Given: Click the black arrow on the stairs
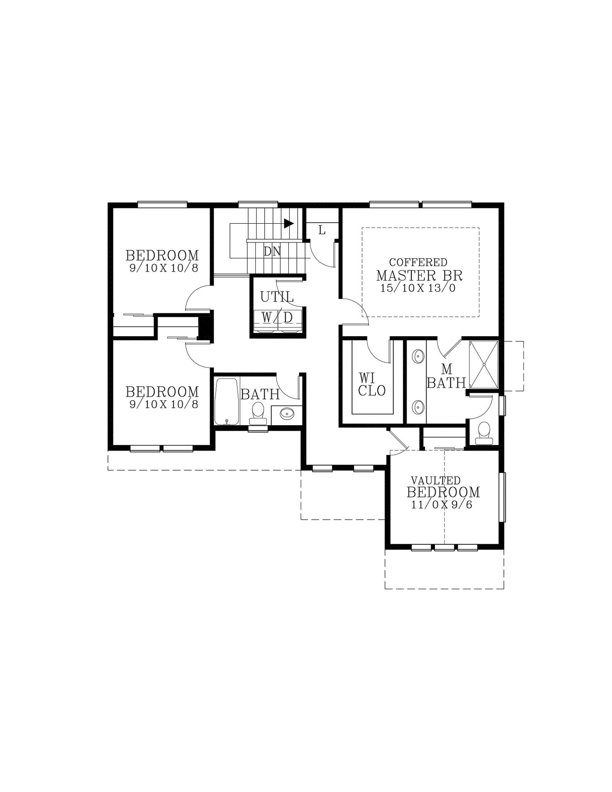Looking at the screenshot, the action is [x=289, y=223].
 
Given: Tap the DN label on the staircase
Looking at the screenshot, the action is [x=272, y=252].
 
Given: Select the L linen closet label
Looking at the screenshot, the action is [x=322, y=230].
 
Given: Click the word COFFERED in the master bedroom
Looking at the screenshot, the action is [x=418, y=263].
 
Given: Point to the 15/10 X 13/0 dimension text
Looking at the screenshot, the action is [x=418, y=288].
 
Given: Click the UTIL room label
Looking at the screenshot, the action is [x=277, y=297].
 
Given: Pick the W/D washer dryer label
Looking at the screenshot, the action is [x=277, y=317].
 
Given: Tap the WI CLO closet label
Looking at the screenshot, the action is [x=372, y=384].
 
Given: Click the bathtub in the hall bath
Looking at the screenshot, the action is [x=227, y=402].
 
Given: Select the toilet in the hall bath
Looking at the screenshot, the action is [x=258, y=413].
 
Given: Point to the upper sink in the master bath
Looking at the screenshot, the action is [x=418, y=356].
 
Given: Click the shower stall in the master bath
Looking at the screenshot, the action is [x=484, y=365].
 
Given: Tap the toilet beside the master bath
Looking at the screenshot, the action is [x=484, y=433].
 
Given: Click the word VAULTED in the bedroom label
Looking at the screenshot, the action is [x=436, y=480].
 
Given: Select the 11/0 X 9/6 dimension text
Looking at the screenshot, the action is [x=442, y=505].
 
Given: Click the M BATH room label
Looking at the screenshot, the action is [x=446, y=376].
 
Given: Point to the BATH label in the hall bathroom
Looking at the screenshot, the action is [x=260, y=395].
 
